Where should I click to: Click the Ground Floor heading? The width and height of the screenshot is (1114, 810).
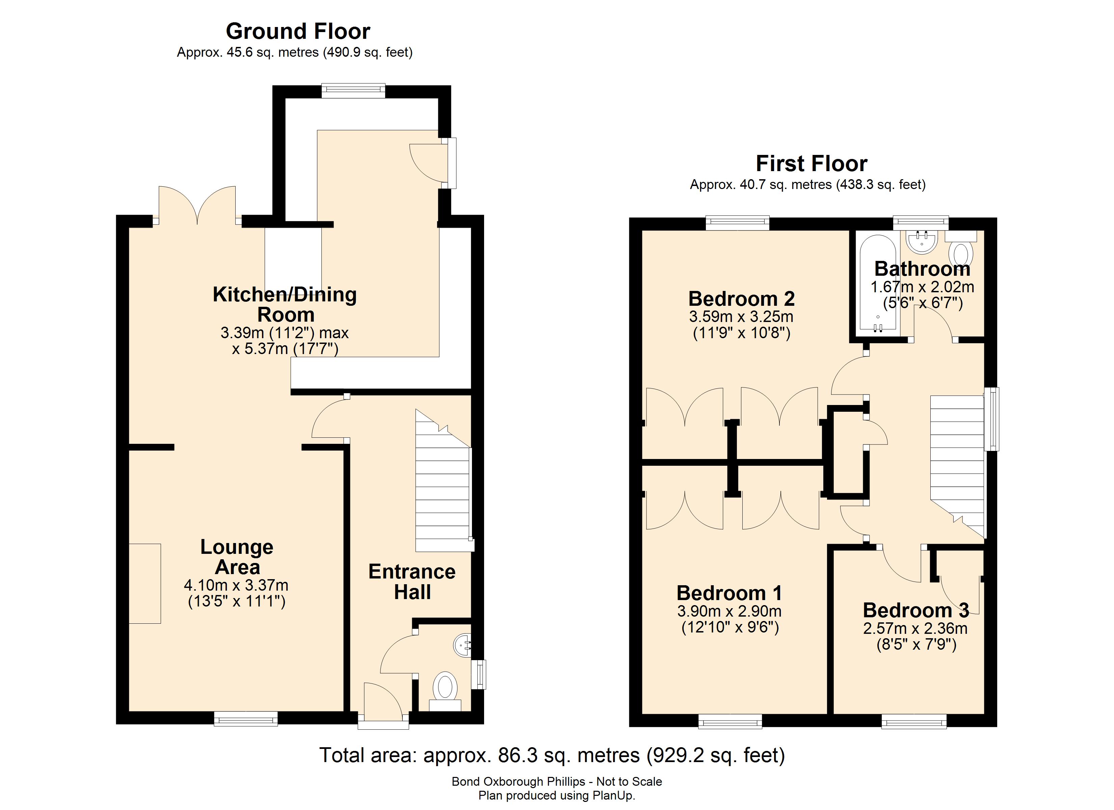click(298, 31)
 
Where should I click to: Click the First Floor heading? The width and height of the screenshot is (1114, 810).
click(812, 164)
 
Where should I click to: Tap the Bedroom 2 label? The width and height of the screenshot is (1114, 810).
click(741, 299)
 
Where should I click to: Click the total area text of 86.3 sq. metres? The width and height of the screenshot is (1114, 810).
click(552, 755)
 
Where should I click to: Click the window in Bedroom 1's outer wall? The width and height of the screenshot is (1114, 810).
click(730, 721)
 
